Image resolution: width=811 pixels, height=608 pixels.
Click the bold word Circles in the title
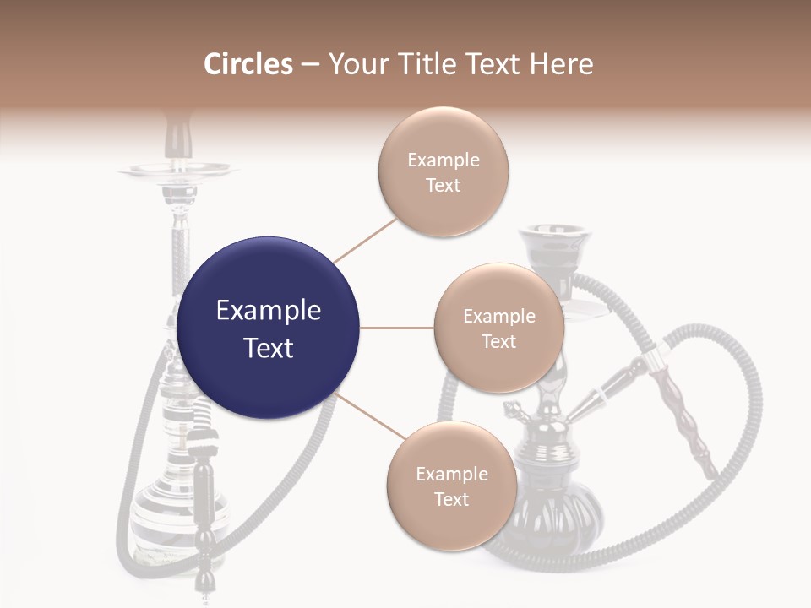pos(248,64)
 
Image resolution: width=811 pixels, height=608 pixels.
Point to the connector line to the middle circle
pos(397,328)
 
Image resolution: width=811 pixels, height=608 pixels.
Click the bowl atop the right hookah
pos(555,246)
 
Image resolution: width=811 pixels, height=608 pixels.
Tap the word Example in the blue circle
pos(268,311)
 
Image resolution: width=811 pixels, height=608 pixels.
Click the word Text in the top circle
pos(443,185)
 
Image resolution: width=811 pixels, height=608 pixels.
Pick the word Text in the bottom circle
pos(451,499)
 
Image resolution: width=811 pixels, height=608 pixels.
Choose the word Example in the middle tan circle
pos(498,316)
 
